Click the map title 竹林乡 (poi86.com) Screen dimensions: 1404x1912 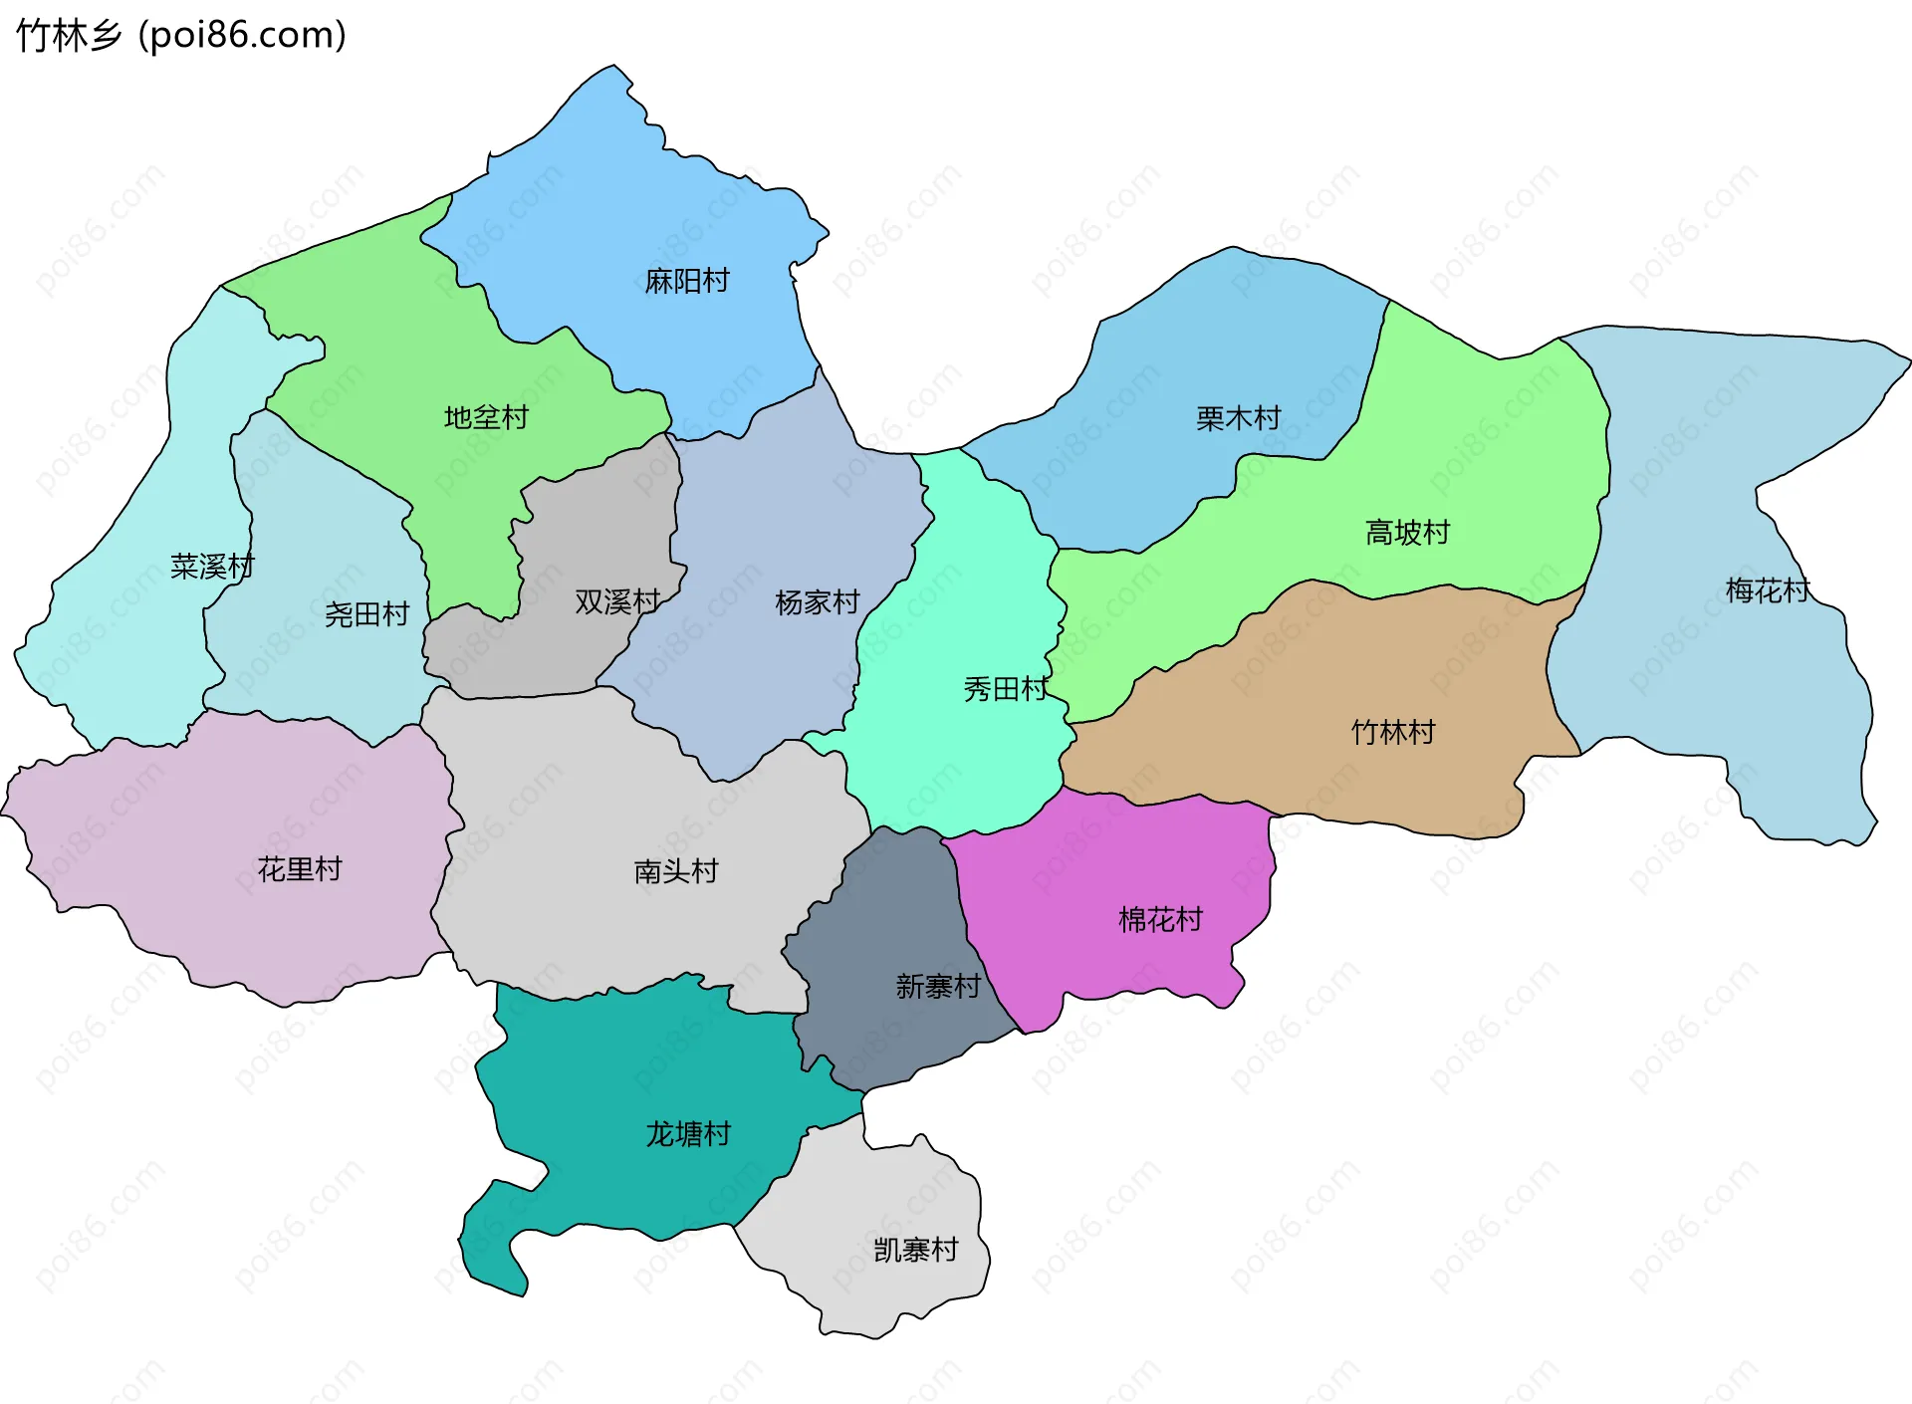[x=181, y=36]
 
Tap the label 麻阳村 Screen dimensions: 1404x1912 [x=687, y=281]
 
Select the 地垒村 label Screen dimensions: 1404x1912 [x=486, y=417]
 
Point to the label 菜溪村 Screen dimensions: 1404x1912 [x=212, y=567]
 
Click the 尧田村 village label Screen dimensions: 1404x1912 [x=366, y=614]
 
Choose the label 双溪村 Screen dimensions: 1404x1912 [x=617, y=601]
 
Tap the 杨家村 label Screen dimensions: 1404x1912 [x=817, y=602]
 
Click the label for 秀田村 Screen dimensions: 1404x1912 [x=1006, y=689]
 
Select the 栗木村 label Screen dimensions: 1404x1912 [x=1238, y=418]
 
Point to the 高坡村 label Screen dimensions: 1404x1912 [x=1407, y=533]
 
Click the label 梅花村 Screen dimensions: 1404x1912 [x=1768, y=590]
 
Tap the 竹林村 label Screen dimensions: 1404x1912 [x=1393, y=733]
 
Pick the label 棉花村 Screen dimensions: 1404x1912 [x=1160, y=919]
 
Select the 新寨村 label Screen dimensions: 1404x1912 [x=938, y=986]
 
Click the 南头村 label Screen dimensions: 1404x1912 [x=676, y=871]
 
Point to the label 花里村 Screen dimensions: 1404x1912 [x=300, y=869]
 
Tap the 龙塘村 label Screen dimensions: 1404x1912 [x=688, y=1134]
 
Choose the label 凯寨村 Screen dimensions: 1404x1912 [x=915, y=1250]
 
